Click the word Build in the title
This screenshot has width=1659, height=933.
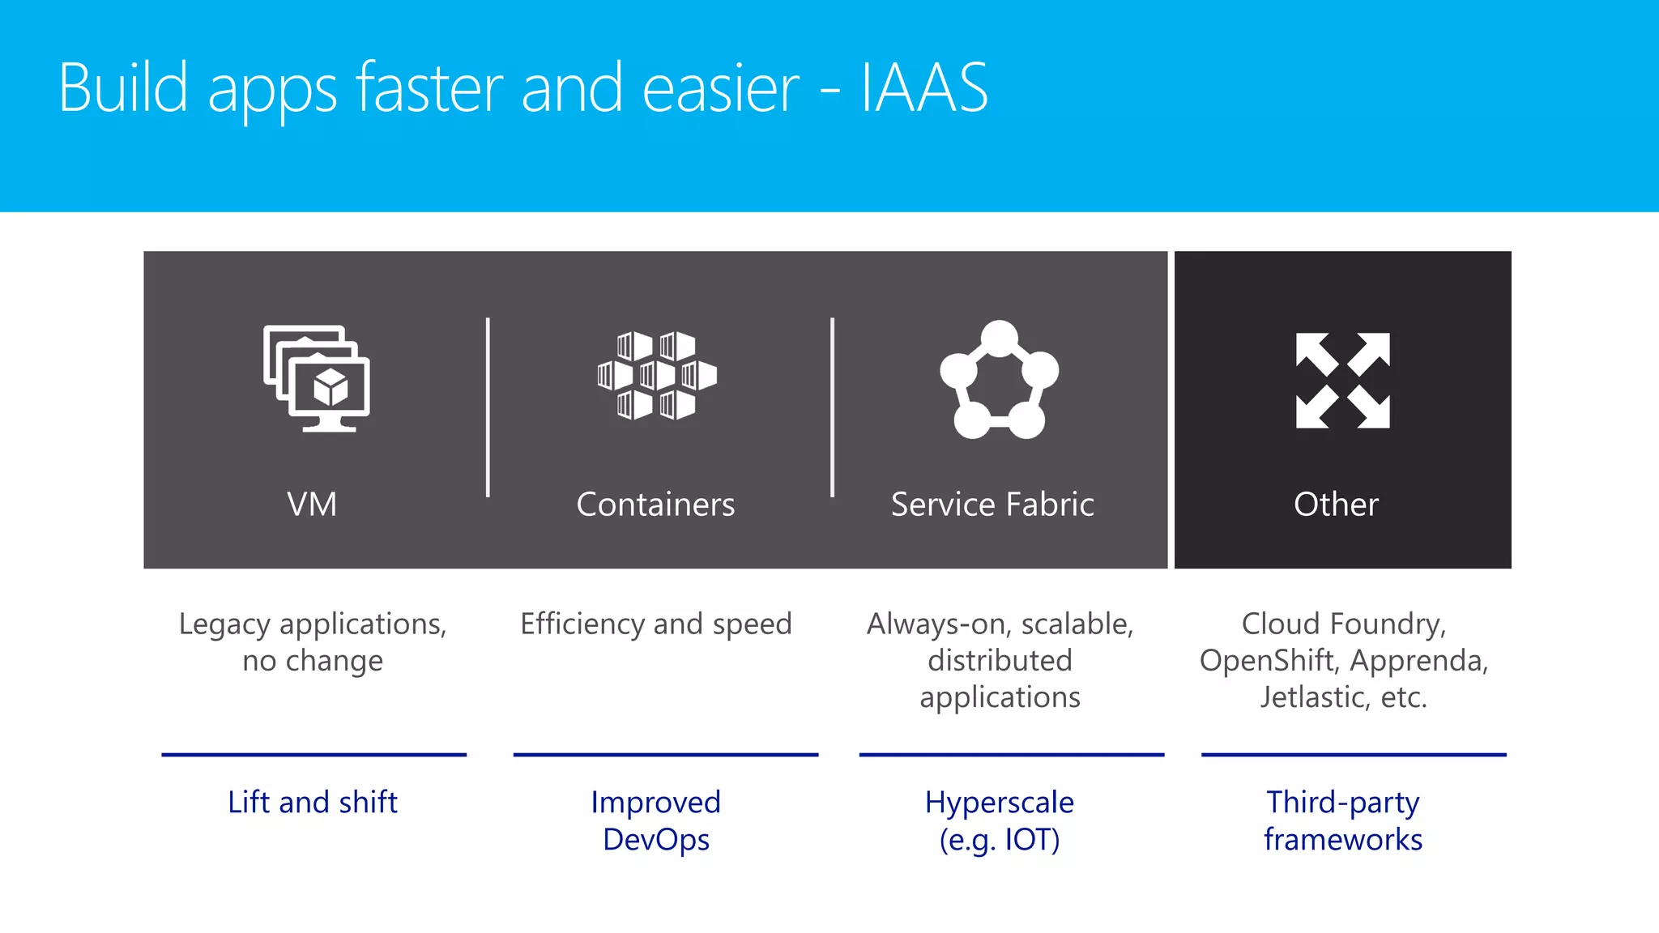123,87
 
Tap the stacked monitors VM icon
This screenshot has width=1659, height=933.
317,378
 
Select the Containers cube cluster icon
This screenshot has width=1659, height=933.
657,375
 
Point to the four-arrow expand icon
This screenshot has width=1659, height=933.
1342,380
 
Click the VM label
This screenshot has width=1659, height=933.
312,505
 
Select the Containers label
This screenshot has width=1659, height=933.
655,505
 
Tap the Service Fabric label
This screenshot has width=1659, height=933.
992,505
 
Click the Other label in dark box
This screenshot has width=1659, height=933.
1336,505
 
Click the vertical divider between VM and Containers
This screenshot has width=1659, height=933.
488,407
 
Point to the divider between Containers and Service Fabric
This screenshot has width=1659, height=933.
832,407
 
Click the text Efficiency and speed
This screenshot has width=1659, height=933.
655,624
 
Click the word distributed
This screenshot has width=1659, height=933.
1000,661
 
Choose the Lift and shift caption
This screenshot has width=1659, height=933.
313,803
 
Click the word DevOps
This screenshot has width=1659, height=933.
655,840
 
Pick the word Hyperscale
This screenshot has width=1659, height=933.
999,803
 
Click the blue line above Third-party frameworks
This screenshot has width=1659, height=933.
1353,754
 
